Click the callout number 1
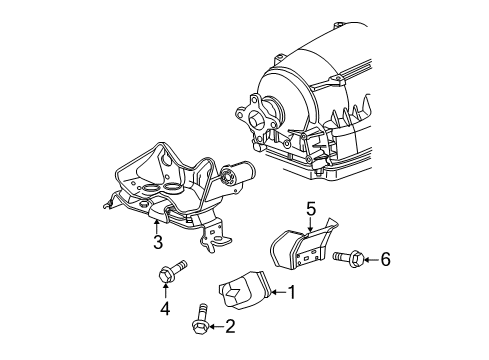(292, 293)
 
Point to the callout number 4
(167, 309)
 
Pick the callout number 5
(310, 211)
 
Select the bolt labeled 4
(168, 272)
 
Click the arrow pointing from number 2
(216, 325)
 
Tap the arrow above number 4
(167, 293)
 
